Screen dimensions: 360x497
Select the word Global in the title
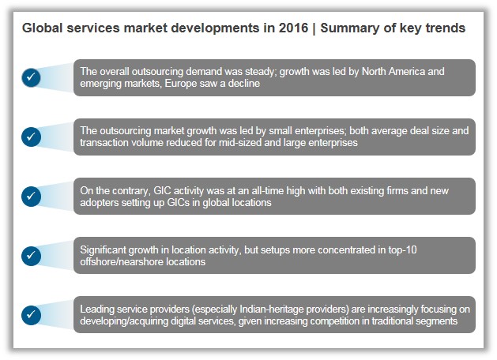(x=43, y=28)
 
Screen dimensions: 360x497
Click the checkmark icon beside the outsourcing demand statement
(x=31, y=77)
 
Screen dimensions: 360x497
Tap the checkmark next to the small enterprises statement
(x=31, y=137)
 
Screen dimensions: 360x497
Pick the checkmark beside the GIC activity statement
(x=31, y=196)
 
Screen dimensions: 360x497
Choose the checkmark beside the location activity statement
(x=31, y=255)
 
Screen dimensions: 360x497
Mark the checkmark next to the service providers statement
(x=31, y=314)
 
